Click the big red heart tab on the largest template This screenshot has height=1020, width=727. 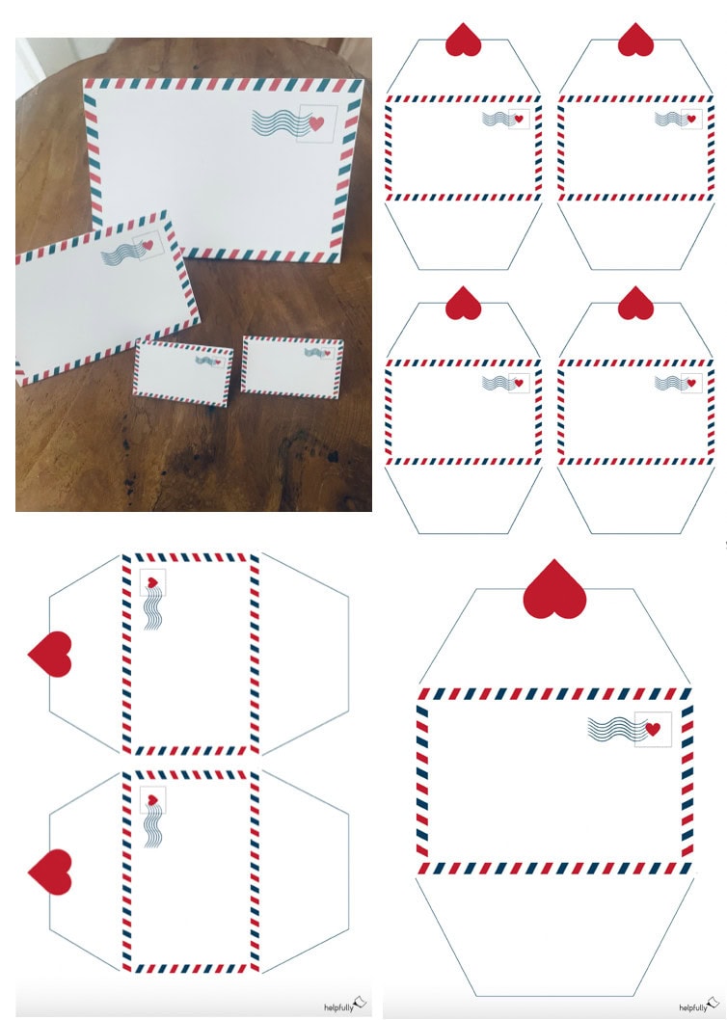coord(554,589)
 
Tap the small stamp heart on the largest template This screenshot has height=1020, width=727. coord(653,729)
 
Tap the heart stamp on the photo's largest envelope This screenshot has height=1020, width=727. coord(317,123)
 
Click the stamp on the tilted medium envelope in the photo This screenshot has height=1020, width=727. coord(148,245)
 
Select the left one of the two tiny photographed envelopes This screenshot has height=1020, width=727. coord(183,374)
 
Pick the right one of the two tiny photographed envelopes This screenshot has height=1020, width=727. coord(293,367)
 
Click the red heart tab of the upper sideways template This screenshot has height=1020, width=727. coord(50,654)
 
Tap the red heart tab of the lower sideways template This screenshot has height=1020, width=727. coord(50,872)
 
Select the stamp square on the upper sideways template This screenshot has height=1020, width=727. coord(152,582)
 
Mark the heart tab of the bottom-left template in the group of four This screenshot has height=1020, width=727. coord(464,303)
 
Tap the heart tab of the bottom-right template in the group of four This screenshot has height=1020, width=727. coord(635,303)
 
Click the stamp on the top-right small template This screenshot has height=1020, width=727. coord(691,119)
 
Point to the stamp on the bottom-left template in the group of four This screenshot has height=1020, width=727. coord(519,383)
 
